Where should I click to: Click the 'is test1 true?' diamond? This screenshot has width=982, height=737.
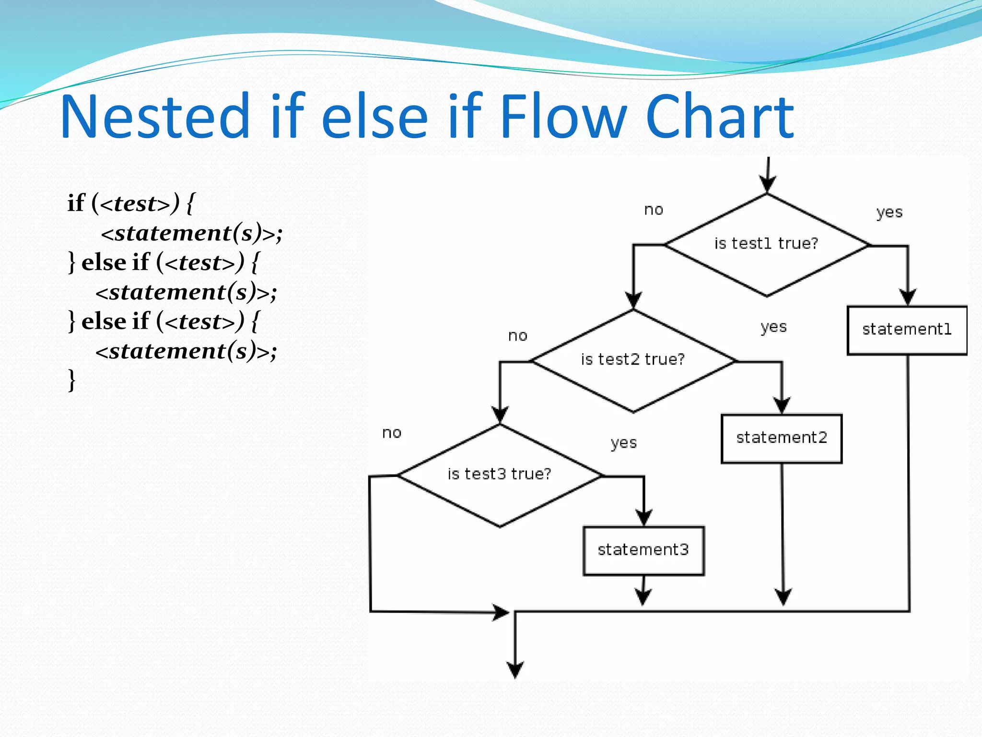tap(766, 245)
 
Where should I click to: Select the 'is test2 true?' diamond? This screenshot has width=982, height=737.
tap(633, 360)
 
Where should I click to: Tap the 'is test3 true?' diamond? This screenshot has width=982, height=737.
tap(500, 475)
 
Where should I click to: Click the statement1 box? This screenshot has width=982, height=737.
tap(907, 330)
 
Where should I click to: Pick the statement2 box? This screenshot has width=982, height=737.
tap(782, 438)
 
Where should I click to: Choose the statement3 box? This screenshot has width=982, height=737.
tap(643, 550)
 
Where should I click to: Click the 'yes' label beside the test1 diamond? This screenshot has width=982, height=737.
tap(889, 213)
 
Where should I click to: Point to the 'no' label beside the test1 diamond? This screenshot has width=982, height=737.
tap(654, 210)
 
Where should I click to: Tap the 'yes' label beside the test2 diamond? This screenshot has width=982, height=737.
tap(773, 327)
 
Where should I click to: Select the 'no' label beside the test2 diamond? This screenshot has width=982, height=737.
tap(518, 336)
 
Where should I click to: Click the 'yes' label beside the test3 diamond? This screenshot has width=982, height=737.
tap(623, 443)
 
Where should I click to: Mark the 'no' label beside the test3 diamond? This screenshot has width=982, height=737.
tap(392, 433)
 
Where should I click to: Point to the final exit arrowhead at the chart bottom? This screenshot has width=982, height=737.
tap(515, 670)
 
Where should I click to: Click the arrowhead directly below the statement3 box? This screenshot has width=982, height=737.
tap(643, 596)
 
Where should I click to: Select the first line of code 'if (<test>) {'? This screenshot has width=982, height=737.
tap(131, 203)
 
